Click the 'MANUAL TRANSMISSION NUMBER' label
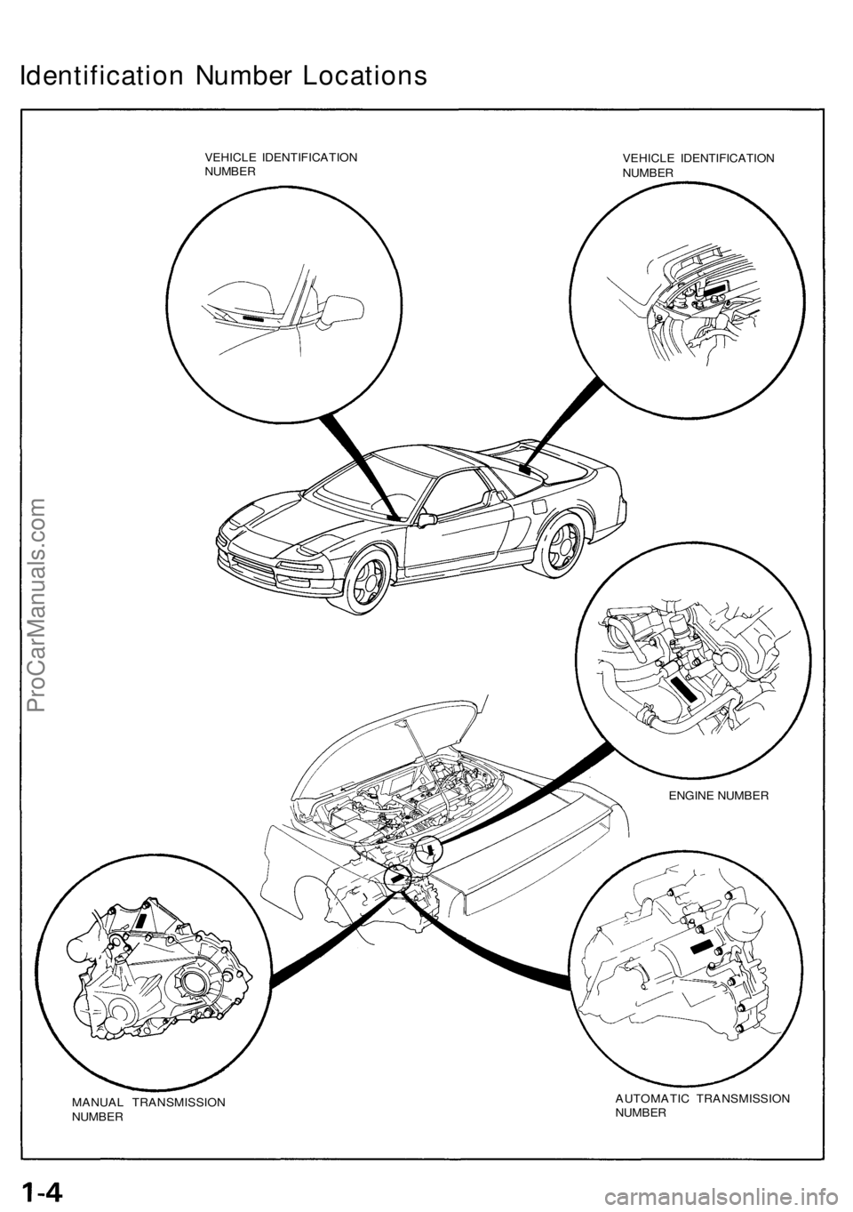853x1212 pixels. (147, 1107)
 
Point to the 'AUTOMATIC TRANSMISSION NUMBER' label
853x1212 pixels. (702, 1104)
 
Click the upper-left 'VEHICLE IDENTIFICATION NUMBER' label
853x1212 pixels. (281, 163)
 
